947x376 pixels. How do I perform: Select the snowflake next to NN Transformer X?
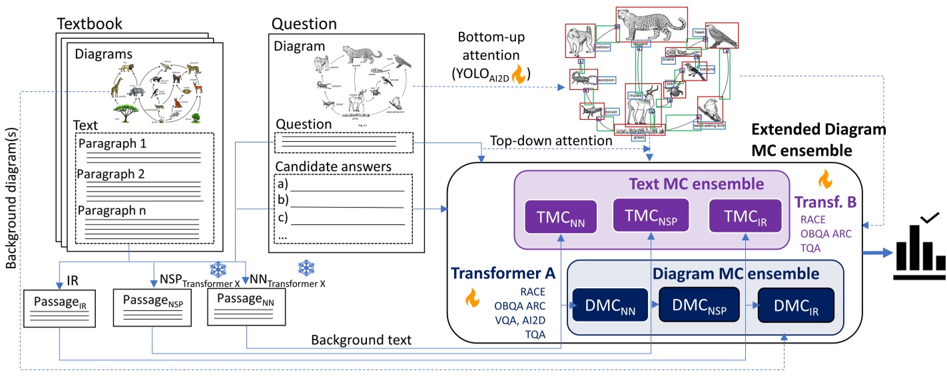pos(307,268)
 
